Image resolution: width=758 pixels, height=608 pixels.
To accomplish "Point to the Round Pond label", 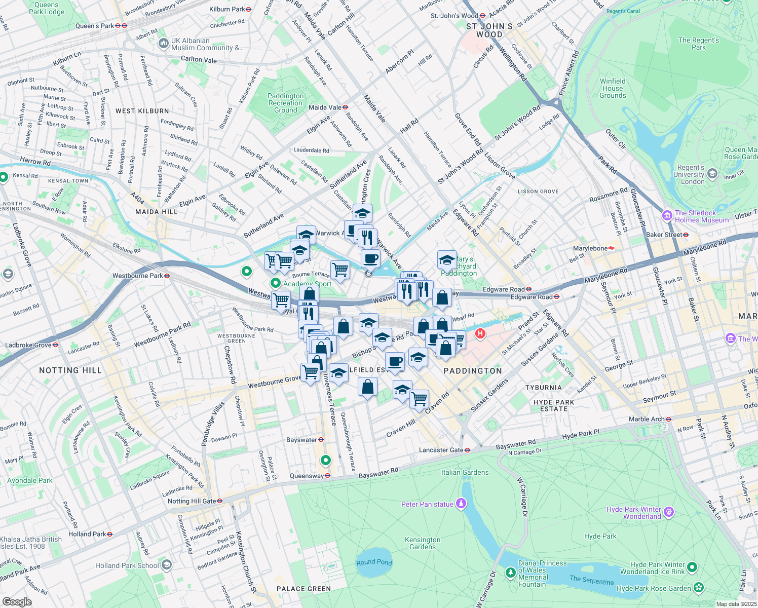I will tap(374, 562).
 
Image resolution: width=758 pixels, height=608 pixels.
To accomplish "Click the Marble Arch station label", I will tap(650, 419).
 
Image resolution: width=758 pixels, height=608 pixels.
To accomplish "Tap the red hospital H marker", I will tap(480, 334).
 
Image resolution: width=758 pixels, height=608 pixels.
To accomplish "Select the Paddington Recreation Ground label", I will tap(286, 103).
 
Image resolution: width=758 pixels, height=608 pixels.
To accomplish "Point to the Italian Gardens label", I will tap(465, 472).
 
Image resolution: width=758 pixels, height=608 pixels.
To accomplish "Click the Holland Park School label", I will tap(127, 565).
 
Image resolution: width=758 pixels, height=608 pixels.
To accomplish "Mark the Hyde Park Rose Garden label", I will tap(654, 588).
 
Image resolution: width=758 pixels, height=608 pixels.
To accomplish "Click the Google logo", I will tap(17, 601).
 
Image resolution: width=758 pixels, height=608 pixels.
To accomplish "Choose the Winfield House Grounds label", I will tap(613, 88).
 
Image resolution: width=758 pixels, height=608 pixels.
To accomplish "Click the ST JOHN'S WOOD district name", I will tap(489, 30).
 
